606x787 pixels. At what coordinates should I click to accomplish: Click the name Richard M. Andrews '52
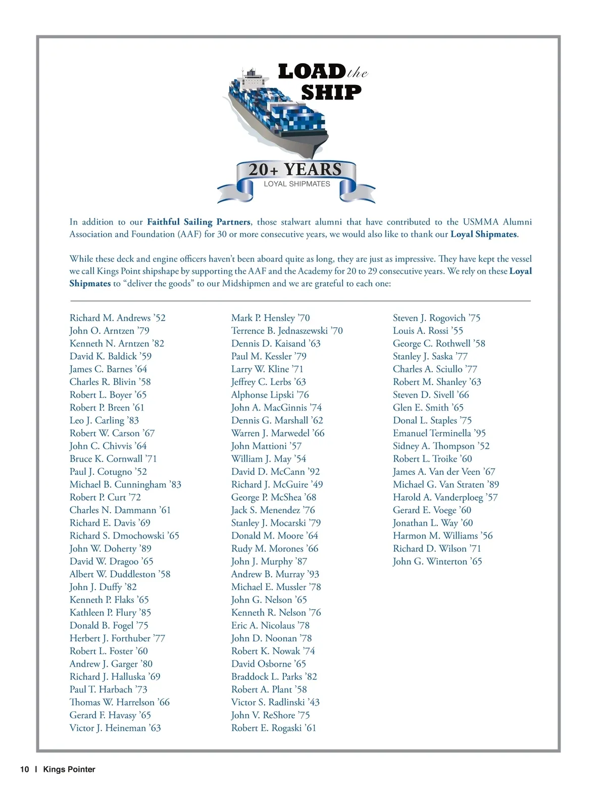[x=117, y=318]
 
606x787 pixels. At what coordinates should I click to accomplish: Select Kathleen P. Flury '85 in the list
[x=110, y=612]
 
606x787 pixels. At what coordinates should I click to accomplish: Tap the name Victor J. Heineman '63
[x=115, y=728]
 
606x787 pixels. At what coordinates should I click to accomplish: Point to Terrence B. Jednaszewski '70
[x=287, y=330]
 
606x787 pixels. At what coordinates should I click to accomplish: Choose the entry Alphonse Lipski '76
[x=270, y=395]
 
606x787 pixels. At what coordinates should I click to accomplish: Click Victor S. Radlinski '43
[x=275, y=702]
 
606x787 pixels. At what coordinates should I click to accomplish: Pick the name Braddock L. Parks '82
[x=274, y=676]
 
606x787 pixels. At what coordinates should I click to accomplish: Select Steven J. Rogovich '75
[x=436, y=318]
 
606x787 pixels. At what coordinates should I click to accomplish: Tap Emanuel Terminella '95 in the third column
[x=439, y=433]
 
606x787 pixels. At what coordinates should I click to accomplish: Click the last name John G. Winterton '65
[x=437, y=561]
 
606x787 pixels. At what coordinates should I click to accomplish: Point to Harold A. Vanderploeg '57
[x=445, y=497]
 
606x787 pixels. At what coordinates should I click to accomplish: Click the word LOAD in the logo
[x=311, y=72]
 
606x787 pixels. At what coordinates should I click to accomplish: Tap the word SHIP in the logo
[x=331, y=92]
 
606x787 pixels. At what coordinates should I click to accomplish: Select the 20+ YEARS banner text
[x=295, y=170]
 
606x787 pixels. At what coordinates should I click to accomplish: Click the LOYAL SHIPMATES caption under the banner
[x=297, y=184]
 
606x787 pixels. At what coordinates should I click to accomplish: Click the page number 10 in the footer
[x=25, y=769]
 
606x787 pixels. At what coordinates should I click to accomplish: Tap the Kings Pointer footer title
[x=69, y=769]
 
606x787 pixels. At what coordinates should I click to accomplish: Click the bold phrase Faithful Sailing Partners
[x=198, y=222]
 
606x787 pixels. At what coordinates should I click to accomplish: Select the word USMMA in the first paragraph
[x=480, y=222]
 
